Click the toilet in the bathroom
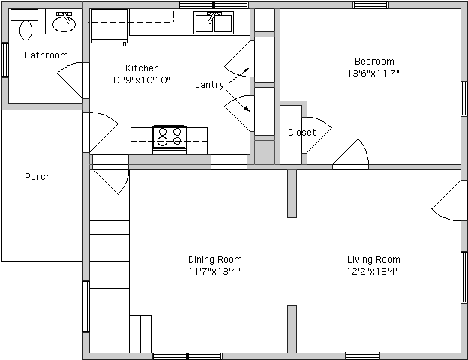coord(25,25)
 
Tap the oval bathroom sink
coord(64,23)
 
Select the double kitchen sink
coord(214,22)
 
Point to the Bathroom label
coord(45,55)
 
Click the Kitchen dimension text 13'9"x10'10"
coord(141,80)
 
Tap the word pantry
coord(209,85)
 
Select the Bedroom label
coord(374,61)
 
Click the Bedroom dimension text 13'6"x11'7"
coord(373,73)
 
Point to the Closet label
coord(301,132)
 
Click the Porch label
coord(37,177)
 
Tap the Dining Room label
coord(215,259)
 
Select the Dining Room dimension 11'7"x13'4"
coord(214,271)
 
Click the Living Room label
coord(373,259)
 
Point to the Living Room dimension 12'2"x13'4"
coord(373,271)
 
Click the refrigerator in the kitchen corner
coord(109,26)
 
